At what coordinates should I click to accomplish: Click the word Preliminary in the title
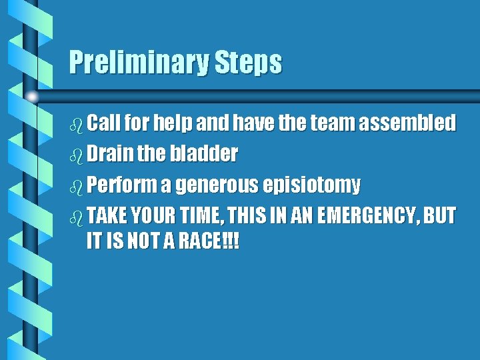[139, 63]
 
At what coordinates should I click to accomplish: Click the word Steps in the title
[248, 63]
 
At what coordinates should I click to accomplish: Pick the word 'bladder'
[205, 154]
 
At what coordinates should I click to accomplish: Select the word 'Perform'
[121, 185]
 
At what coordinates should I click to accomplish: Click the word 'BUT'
[441, 215]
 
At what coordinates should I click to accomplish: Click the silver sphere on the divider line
[31, 97]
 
